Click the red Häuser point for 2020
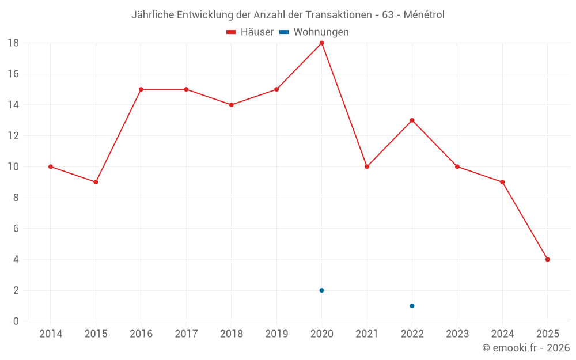pyautogui.click(x=321, y=43)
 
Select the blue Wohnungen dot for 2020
pyautogui.click(x=321, y=290)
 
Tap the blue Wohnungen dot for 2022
pyautogui.click(x=412, y=306)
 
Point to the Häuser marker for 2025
pyautogui.click(x=547, y=259)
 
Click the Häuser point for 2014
pyautogui.click(x=51, y=166)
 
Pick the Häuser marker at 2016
pyautogui.click(x=141, y=89)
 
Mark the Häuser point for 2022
pyautogui.click(x=412, y=120)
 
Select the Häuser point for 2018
pyautogui.click(x=231, y=105)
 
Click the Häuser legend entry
pyautogui.click(x=250, y=32)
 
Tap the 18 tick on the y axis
pyautogui.click(x=13, y=43)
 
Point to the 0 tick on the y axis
pyautogui.click(x=16, y=321)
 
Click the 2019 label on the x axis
pyautogui.click(x=276, y=334)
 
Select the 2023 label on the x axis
pyautogui.click(x=457, y=334)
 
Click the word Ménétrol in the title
pyautogui.click(x=424, y=15)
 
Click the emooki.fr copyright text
pyautogui.click(x=526, y=348)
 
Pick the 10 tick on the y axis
pyautogui.click(x=13, y=167)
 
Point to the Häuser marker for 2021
pyautogui.click(x=367, y=166)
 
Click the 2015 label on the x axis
pyautogui.click(x=96, y=334)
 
